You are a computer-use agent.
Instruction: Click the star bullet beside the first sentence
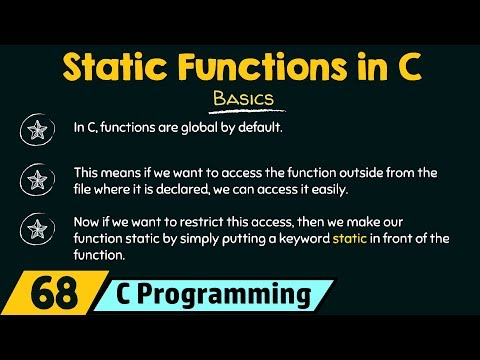click(38, 129)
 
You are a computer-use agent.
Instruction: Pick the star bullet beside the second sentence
click(38, 180)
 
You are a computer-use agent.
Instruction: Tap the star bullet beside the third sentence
click(38, 233)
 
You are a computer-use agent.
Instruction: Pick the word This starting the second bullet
click(88, 172)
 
